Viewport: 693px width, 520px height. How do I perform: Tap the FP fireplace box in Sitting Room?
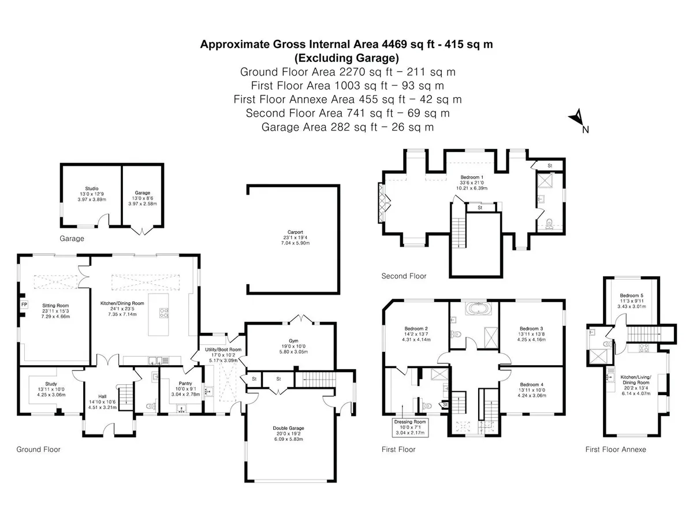click(24, 304)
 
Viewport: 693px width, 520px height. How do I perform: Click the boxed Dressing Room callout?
click(410, 427)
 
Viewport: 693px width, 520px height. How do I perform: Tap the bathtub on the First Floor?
click(478, 308)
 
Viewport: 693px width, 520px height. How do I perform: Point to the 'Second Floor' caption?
click(404, 276)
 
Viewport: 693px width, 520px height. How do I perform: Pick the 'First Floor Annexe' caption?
click(616, 450)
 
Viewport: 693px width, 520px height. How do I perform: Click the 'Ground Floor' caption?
click(38, 450)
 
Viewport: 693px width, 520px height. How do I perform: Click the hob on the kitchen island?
click(164, 313)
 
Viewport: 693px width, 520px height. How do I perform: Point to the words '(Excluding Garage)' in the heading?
click(346, 58)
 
